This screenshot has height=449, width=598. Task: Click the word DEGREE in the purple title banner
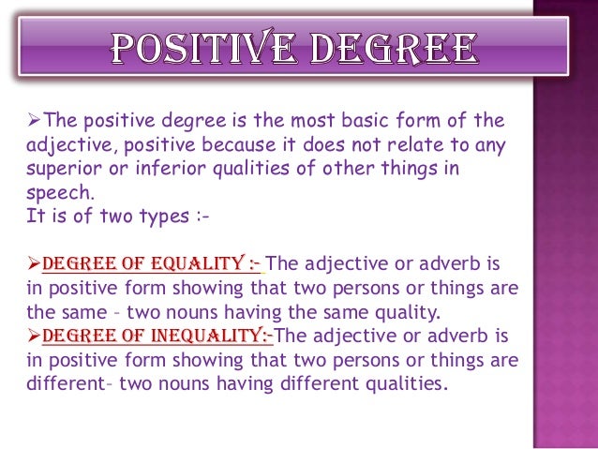pyautogui.click(x=397, y=51)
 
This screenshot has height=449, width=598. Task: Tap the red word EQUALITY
pyautogui.click(x=197, y=263)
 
